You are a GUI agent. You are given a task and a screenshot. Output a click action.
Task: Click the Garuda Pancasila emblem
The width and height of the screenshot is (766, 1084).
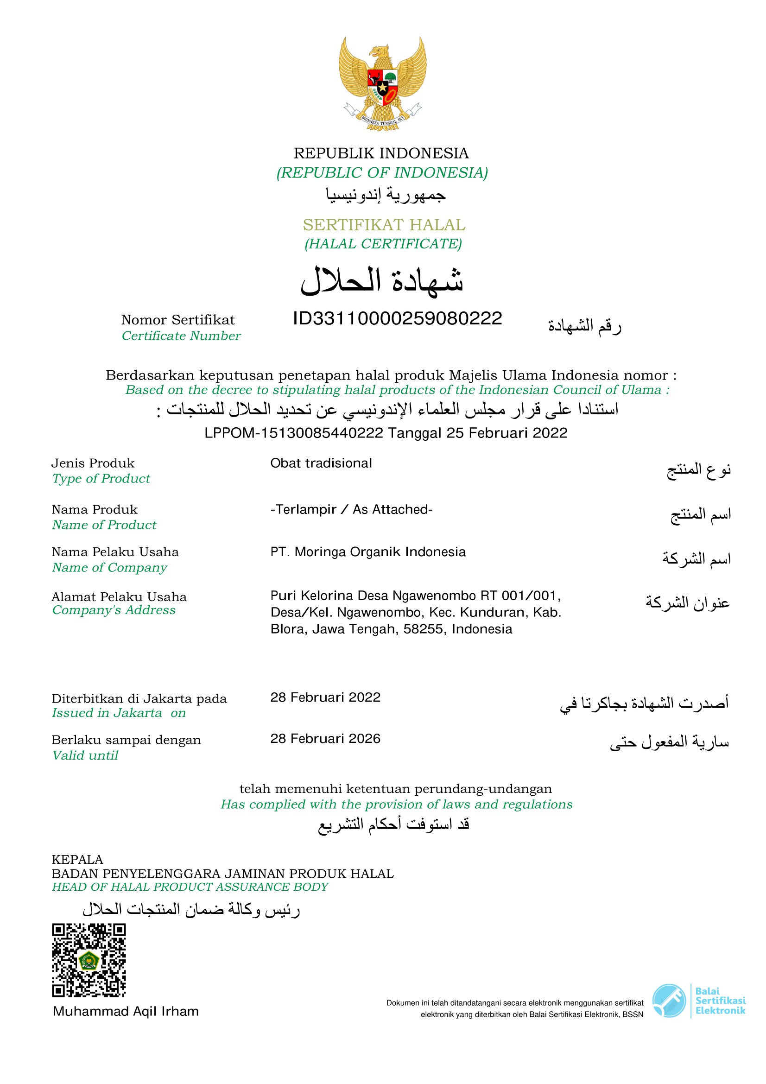382,84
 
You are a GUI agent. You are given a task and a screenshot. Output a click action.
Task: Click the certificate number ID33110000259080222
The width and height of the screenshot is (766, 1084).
398,319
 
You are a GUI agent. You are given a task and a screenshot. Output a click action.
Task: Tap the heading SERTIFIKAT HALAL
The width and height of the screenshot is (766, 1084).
384,225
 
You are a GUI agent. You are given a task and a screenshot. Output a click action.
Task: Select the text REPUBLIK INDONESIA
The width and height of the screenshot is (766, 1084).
381,153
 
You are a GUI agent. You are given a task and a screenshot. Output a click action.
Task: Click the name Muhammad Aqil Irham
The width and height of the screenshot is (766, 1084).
126,1011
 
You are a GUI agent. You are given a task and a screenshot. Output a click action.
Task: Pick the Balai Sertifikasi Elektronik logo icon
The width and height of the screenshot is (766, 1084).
669,1001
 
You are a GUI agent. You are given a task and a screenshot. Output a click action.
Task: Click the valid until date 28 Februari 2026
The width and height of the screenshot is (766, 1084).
325,739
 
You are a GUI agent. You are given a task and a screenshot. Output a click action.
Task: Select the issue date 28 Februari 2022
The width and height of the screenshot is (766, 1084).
325,697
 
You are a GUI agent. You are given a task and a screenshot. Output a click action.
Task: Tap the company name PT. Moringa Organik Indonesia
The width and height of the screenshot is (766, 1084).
367,552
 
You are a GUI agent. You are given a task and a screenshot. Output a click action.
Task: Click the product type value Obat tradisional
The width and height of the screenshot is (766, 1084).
321,463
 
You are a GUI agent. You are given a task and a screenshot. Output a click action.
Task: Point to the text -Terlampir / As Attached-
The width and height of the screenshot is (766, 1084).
351,509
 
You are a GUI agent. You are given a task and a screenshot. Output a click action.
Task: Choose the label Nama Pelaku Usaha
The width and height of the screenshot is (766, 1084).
115,552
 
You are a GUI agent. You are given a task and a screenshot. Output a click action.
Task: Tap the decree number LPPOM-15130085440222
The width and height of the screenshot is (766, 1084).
293,433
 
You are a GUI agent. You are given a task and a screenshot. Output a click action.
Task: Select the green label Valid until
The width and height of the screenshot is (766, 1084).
85,755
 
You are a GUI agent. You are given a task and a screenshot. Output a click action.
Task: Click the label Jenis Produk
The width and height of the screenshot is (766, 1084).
93,463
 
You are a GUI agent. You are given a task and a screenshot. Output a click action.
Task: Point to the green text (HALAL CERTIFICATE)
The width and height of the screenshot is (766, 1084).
383,244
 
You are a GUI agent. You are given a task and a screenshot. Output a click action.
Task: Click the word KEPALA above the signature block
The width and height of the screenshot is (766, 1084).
77,859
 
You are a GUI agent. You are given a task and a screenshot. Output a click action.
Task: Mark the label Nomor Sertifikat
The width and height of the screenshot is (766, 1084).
178,320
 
